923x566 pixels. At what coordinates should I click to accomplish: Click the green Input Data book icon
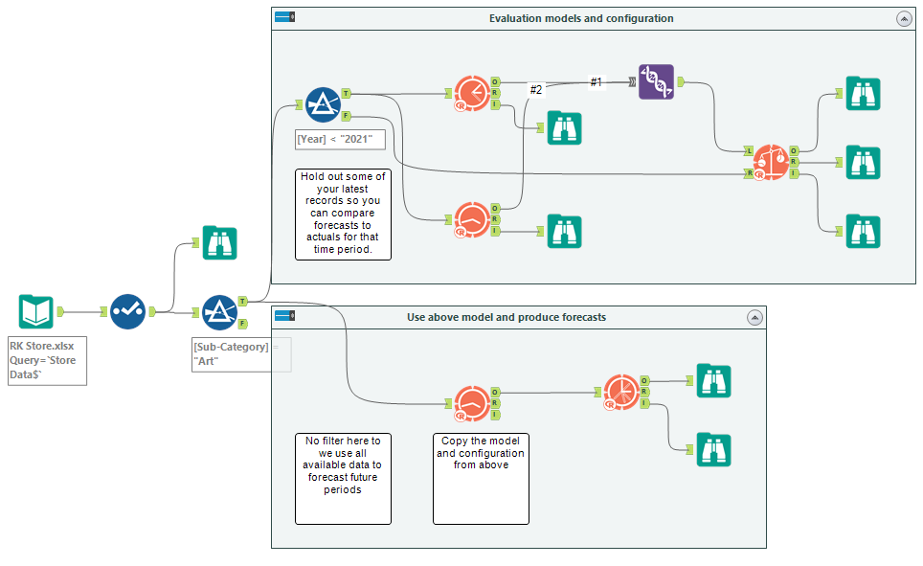point(36,312)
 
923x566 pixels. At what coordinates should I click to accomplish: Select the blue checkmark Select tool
point(127,312)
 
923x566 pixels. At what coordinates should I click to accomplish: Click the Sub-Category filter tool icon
point(219,312)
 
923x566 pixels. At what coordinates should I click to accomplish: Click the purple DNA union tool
point(656,82)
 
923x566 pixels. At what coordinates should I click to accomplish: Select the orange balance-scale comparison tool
point(771,163)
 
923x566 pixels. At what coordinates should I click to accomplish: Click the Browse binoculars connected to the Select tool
point(219,243)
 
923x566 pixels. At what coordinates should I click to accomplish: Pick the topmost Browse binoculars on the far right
point(863,94)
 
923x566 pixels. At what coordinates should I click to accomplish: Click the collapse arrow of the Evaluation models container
point(903,18)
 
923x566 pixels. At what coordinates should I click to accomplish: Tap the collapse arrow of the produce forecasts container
point(754,317)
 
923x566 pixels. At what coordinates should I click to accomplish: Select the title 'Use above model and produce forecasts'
point(506,317)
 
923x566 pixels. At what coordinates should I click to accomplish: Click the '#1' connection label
point(596,82)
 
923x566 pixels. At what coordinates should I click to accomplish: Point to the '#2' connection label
point(536,89)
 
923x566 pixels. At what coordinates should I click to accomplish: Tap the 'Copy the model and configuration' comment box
point(481,477)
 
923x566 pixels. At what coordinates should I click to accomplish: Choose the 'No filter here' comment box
point(343,477)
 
